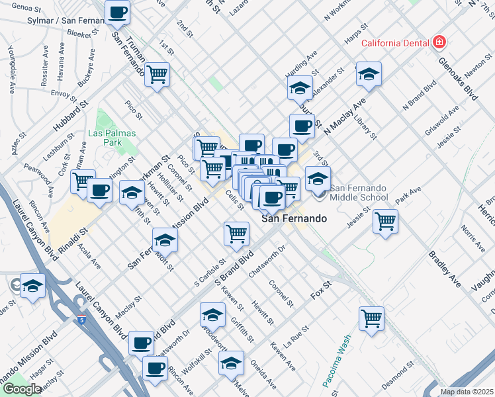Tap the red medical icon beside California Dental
[x=438, y=43]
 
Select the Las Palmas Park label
[x=112, y=138]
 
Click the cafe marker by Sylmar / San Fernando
[x=117, y=12]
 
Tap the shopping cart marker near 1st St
[x=157, y=74]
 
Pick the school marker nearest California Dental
[x=369, y=75]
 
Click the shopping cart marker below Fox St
[x=371, y=318]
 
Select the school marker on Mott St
[x=165, y=240]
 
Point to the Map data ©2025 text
[x=467, y=392]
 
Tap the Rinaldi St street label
[x=71, y=243]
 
